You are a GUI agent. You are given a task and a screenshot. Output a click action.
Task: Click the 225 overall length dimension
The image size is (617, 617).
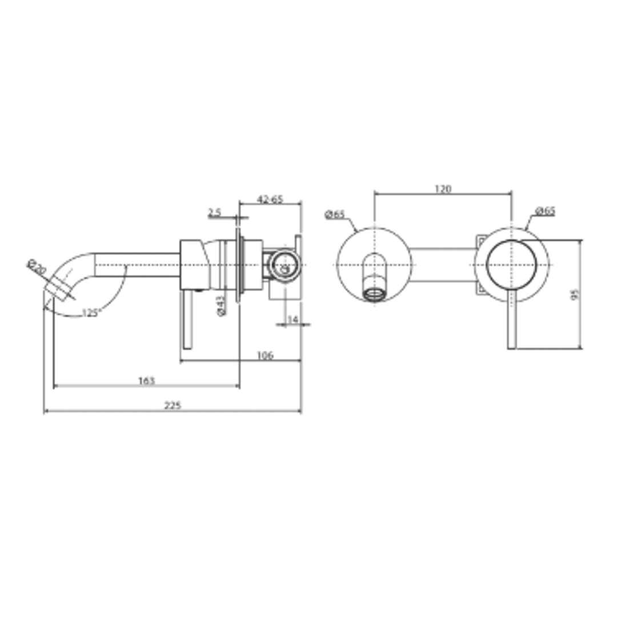click(x=173, y=406)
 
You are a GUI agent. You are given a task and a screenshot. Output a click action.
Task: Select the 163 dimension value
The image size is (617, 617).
click(x=147, y=380)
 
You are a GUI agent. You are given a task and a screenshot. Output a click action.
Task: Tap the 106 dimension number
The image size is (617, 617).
click(x=265, y=355)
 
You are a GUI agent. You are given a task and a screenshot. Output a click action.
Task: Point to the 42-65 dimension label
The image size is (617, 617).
click(x=270, y=199)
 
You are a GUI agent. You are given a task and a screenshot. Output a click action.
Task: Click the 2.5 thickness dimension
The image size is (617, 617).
click(x=214, y=213)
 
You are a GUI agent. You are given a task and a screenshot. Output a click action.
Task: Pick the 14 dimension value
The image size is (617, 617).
click(x=292, y=319)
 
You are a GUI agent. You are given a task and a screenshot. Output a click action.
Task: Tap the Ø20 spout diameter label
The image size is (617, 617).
click(x=37, y=268)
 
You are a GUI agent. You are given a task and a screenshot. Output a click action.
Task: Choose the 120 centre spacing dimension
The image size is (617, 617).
click(x=443, y=189)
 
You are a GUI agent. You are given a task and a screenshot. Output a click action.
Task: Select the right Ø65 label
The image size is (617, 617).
click(x=546, y=211)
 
